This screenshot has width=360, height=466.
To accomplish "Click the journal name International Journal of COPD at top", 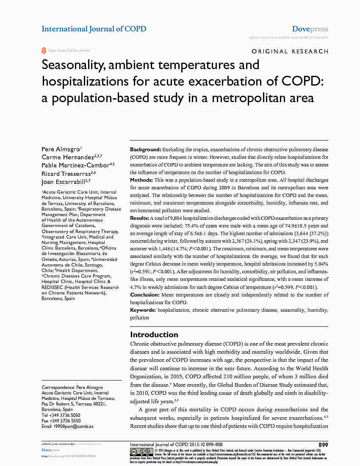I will coord(94,29).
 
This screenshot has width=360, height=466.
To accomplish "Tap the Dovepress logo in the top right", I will coord(310,29).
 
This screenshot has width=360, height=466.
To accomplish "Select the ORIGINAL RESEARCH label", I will coord(290,51).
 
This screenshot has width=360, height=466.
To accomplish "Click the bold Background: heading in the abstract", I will coord(145,150).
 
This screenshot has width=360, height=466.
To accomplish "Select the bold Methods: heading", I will coord(141,180).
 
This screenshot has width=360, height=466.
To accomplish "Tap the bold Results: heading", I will coord(140,218).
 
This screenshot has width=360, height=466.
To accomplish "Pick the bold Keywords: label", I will coord(143,310).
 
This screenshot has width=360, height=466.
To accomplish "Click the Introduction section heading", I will coord(154,335).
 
